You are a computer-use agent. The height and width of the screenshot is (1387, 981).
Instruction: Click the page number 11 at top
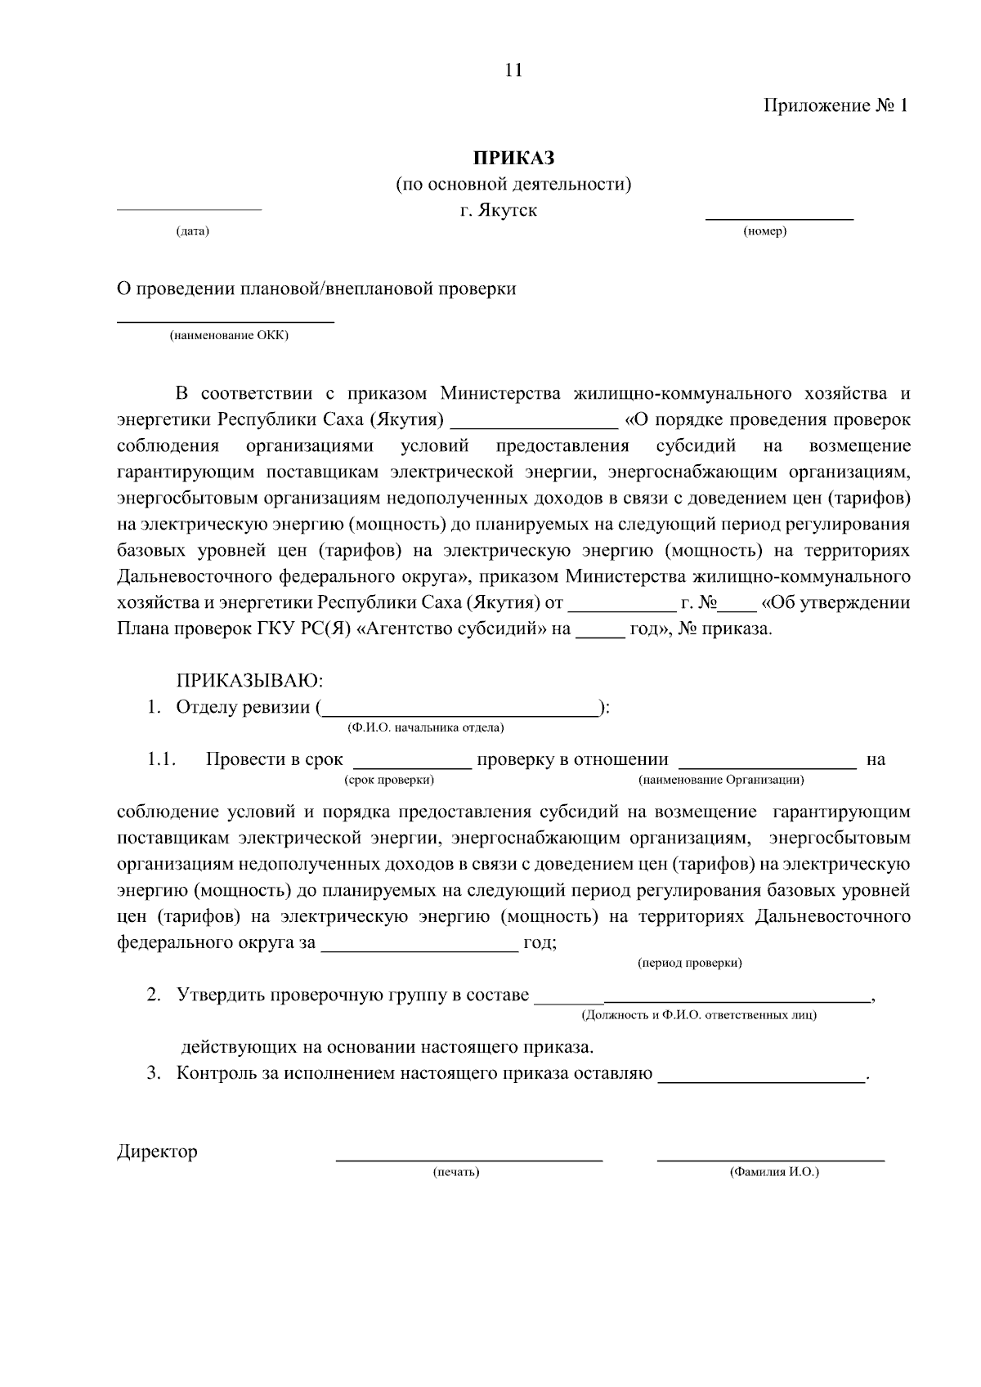(513, 70)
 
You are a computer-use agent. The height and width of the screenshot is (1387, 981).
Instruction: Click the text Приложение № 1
(835, 106)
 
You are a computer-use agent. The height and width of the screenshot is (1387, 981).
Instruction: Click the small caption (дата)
(193, 232)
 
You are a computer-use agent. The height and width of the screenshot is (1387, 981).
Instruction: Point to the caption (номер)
(764, 232)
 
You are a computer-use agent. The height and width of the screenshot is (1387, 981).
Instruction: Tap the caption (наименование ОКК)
(229, 336)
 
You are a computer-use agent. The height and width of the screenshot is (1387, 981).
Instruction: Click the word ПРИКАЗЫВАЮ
(250, 681)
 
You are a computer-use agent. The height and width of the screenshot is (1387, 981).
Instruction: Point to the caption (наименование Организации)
(721, 781)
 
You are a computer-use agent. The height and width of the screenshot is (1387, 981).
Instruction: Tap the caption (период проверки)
(689, 964)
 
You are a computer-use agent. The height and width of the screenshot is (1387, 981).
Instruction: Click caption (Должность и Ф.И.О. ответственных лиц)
(698, 1016)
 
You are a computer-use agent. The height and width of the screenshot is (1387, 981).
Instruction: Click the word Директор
(157, 1152)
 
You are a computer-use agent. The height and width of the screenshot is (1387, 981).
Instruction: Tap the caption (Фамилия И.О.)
(774, 1173)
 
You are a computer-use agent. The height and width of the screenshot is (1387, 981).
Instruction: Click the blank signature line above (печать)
(470, 1159)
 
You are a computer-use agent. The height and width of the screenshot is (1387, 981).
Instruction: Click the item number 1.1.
(162, 760)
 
